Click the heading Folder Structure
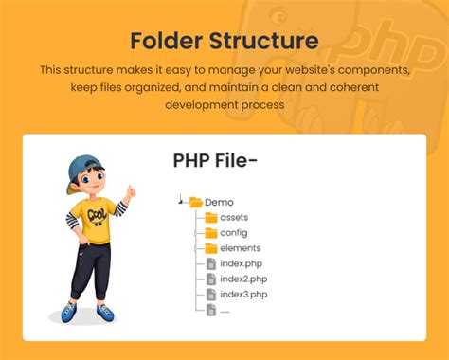point(224,42)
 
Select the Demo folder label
point(219,202)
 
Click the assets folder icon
point(211,217)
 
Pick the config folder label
point(234,232)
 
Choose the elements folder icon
point(211,248)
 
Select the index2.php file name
point(242,279)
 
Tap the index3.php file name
point(242,294)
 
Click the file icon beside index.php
point(211,263)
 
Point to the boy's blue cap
point(83,165)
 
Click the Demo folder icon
point(196,202)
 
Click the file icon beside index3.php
point(211,294)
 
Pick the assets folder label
point(234,217)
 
